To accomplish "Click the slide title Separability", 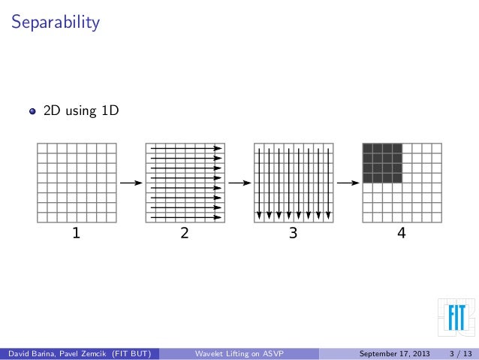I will point(54,23).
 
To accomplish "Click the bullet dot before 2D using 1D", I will point(32,112).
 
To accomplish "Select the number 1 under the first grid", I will point(75,234).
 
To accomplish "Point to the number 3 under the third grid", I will point(293,234).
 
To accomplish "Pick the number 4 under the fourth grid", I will point(402,234).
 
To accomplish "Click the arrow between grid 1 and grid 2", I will point(131,183).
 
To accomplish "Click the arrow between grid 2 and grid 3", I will point(239,183).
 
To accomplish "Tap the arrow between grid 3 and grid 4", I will point(348,183).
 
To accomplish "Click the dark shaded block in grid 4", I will point(382,162).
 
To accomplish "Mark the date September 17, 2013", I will point(394,353).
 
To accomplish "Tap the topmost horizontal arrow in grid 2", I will point(186,148).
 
